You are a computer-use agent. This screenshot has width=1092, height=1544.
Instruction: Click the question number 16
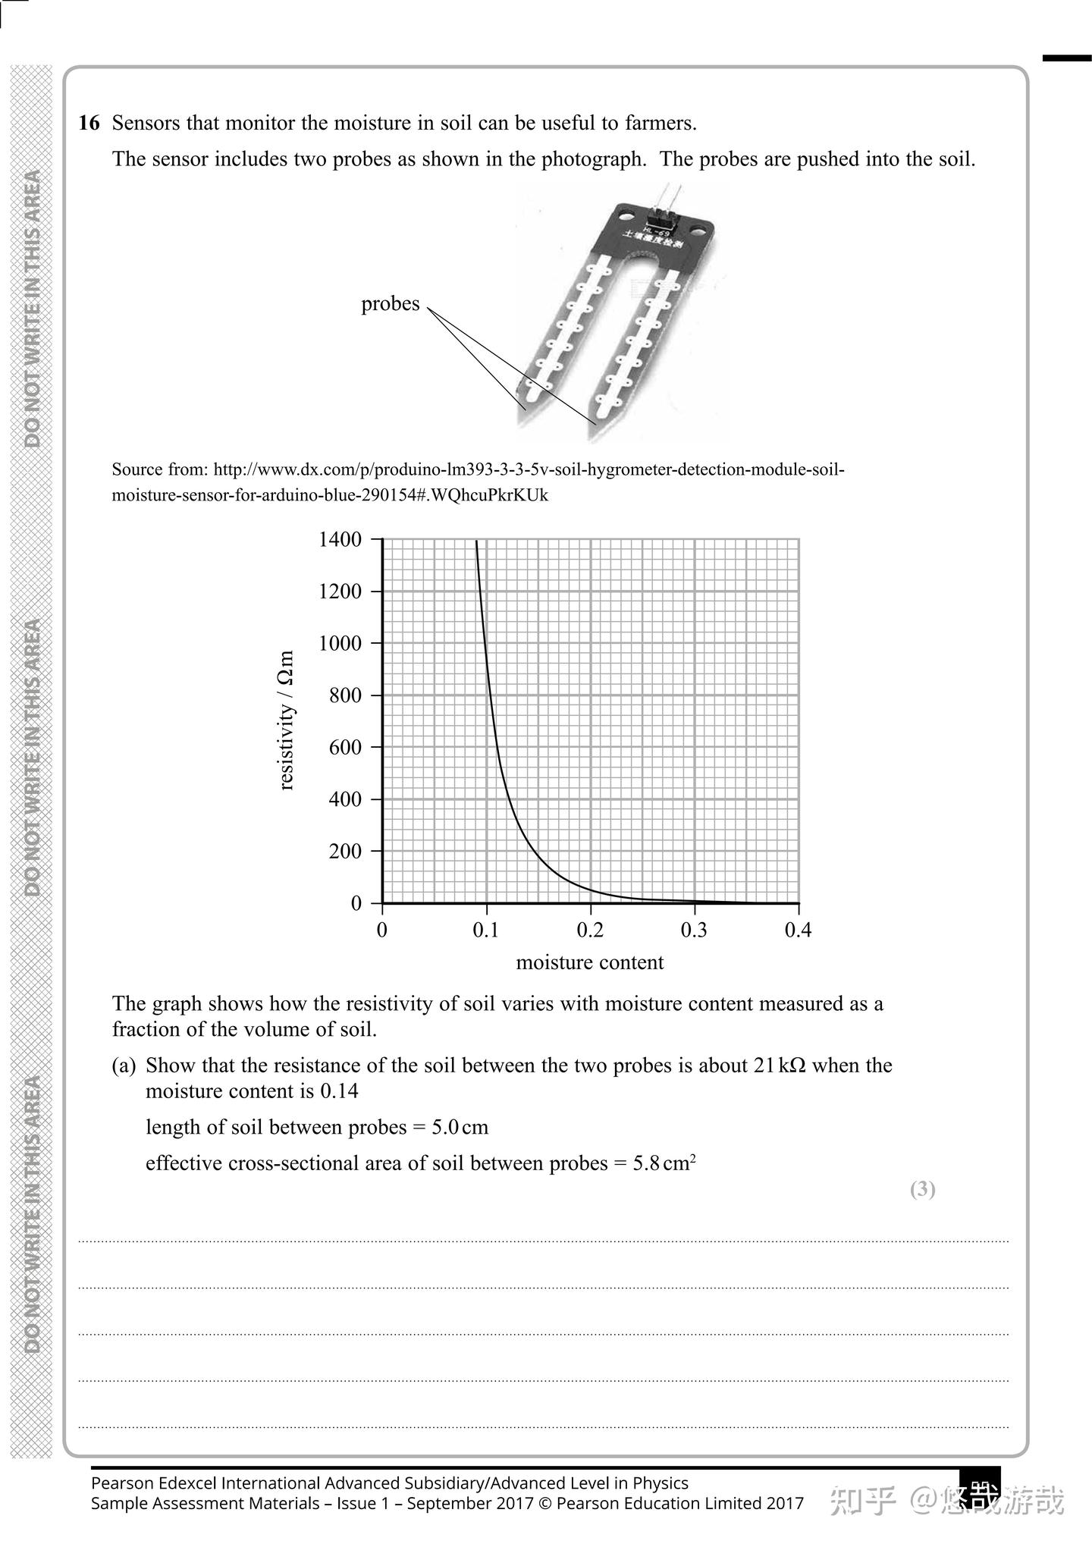(x=89, y=123)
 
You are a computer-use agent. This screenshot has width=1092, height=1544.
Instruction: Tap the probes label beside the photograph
(x=390, y=304)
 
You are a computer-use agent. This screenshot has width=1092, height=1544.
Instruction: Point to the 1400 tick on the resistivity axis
(x=340, y=540)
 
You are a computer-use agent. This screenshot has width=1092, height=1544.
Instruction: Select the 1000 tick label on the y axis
(x=340, y=644)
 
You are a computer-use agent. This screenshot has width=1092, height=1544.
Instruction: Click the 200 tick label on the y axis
(x=345, y=852)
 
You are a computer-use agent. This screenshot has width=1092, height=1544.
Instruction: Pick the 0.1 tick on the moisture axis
(x=485, y=930)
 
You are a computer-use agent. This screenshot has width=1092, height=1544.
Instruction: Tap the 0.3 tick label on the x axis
(x=693, y=930)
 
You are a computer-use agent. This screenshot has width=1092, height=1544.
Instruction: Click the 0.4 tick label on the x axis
(x=798, y=930)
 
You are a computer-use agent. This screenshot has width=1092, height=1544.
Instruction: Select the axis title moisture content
(x=589, y=962)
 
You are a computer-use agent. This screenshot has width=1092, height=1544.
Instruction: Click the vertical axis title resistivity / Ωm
(x=286, y=720)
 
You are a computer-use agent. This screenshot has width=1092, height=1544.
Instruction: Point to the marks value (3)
(x=922, y=1188)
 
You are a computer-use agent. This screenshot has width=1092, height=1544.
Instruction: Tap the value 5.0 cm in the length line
(x=460, y=1128)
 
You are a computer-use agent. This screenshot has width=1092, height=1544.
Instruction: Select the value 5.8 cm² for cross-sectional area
(x=664, y=1163)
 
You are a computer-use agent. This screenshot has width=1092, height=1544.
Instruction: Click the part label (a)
(x=124, y=1065)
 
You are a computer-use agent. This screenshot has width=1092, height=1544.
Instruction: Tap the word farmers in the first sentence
(x=659, y=123)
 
